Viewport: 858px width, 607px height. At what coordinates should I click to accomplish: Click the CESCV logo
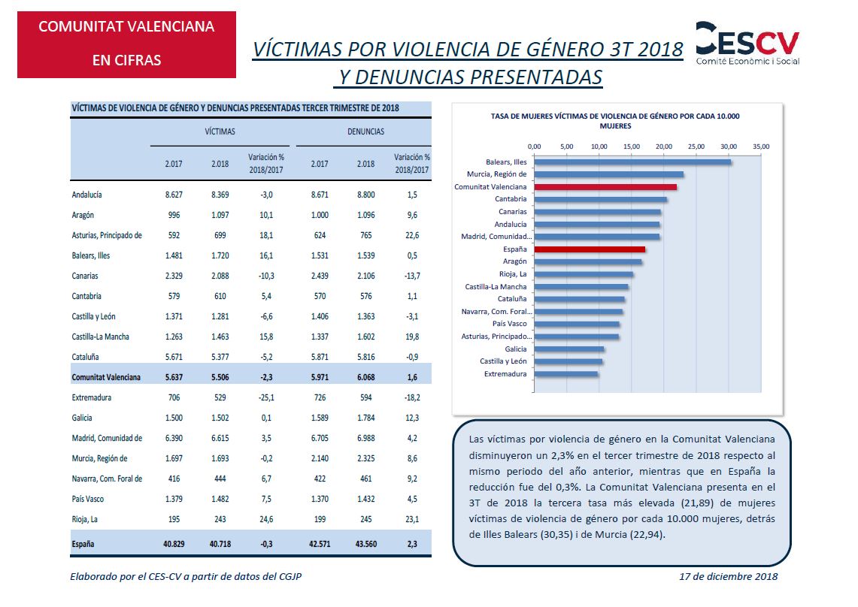[x=747, y=42]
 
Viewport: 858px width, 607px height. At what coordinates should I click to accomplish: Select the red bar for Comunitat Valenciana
[x=605, y=186]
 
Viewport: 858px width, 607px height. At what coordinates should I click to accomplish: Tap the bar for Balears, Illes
[x=632, y=162]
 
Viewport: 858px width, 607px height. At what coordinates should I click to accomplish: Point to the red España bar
[x=589, y=249]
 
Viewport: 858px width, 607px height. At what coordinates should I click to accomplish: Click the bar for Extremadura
[x=565, y=373]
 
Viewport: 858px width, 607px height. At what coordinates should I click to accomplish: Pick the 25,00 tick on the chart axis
[x=696, y=146]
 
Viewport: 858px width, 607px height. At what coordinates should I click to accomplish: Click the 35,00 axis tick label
[x=761, y=146]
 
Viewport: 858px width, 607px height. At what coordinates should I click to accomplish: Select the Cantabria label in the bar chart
[x=511, y=199]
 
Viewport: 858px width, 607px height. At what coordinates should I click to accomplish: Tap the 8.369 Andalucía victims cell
[x=220, y=195]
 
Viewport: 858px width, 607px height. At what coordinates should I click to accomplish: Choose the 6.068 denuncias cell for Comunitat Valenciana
[x=366, y=377]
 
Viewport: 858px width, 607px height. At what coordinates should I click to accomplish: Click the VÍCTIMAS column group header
[x=220, y=131]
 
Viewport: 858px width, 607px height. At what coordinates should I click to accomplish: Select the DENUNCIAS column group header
[x=365, y=131]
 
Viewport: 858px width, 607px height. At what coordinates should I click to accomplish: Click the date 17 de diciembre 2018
[x=728, y=577]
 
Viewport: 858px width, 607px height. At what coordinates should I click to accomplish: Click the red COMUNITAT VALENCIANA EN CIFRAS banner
[x=126, y=44]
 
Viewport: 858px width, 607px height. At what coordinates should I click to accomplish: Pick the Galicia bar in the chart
[x=569, y=349]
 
